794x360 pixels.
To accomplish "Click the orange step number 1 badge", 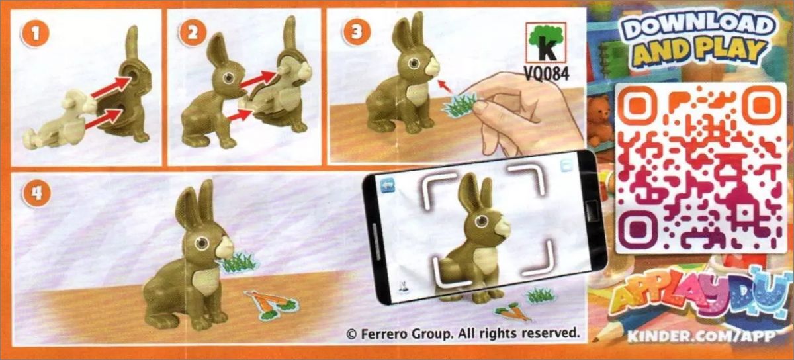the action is click(x=36, y=34).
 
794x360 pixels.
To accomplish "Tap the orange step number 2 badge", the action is click(x=193, y=33).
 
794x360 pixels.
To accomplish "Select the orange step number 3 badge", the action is click(x=356, y=32).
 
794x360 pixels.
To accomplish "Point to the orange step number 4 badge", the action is click(x=36, y=194).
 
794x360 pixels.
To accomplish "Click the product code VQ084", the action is click(x=547, y=73).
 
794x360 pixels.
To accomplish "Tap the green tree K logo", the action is click(x=546, y=42).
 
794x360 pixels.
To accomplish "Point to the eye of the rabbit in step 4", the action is click(x=202, y=244).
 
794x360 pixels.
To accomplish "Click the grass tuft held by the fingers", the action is click(x=459, y=105).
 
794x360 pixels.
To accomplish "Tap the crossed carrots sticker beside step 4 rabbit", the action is click(x=272, y=304).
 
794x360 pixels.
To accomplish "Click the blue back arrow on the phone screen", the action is click(x=388, y=185).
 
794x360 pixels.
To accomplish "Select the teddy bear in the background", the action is click(x=600, y=120).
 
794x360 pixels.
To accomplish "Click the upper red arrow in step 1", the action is click(x=111, y=87).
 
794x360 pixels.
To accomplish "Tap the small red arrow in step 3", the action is click(x=445, y=87).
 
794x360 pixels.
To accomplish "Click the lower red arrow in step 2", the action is click(x=240, y=115).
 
